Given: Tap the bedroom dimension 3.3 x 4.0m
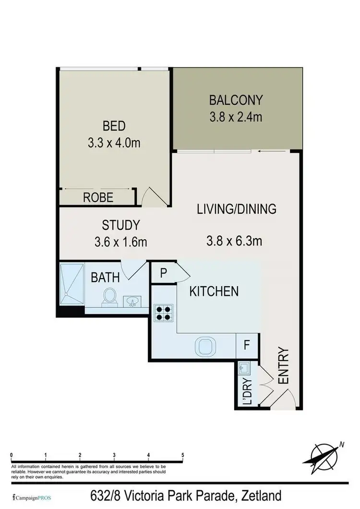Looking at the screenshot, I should tap(114, 143).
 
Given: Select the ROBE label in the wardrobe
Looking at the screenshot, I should tap(98, 197).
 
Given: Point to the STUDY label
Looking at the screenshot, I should tap(120, 225).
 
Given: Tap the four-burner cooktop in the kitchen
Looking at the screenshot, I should tap(163, 313).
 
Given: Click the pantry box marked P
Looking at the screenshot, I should tap(163, 273).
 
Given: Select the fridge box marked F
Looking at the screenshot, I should tap(246, 345).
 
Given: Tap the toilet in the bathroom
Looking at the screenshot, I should tap(109, 296).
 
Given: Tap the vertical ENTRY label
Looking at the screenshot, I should tap(283, 366).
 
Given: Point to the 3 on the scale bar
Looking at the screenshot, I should tap(114, 454).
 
